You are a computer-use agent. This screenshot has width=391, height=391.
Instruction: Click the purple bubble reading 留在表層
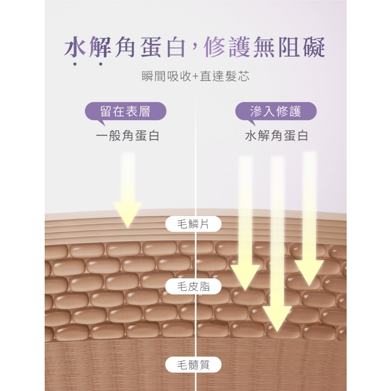[125, 111]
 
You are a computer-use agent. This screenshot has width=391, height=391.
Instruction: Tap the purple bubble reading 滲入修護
[276, 111]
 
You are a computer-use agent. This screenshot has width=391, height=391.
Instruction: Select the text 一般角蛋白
[128, 136]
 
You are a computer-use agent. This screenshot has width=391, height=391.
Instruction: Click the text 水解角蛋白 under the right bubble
[276, 136]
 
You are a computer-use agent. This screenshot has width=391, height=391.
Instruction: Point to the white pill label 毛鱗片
[193, 224]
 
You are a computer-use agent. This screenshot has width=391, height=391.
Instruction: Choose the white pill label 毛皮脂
[193, 286]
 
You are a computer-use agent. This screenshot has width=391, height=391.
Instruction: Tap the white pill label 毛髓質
[193, 365]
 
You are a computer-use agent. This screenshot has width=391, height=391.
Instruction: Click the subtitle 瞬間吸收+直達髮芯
[195, 76]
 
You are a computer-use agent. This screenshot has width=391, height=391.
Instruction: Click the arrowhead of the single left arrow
[128, 215]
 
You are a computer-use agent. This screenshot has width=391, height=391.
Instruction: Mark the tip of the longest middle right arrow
[277, 332]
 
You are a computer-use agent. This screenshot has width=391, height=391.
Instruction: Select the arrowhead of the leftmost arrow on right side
[245, 278]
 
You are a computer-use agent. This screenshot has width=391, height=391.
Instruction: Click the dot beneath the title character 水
[75, 64]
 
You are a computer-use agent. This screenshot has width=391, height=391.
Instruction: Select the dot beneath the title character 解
[100, 64]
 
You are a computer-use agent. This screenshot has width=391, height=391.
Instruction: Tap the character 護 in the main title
[240, 47]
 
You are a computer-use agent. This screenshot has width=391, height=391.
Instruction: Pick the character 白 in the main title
[176, 47]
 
